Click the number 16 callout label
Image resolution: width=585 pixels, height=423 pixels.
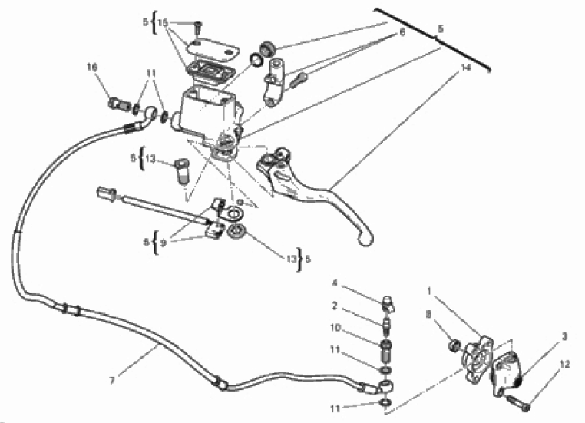tap(92, 67)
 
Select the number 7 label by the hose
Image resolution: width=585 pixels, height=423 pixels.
tap(111, 381)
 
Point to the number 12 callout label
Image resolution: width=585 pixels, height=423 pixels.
tap(565, 364)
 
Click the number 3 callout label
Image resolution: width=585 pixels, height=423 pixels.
tap(564, 336)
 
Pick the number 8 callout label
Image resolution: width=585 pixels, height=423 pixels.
tap(428, 315)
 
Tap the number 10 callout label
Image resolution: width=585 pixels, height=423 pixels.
tap(335, 328)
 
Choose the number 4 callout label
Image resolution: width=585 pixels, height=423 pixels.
tap(335, 283)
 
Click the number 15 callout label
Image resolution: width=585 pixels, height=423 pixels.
tap(163, 22)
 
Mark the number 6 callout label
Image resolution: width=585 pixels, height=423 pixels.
tap(402, 32)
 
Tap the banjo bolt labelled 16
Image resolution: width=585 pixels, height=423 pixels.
tap(118, 103)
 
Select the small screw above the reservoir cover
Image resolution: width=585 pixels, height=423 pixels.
tap(198, 28)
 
